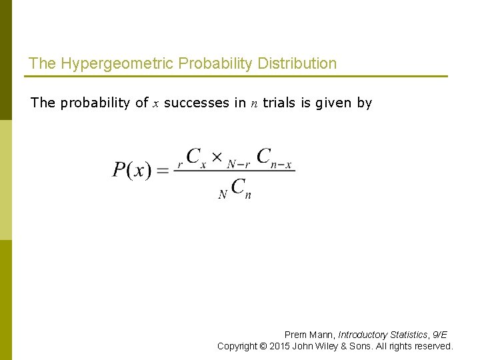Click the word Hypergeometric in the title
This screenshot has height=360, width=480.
point(103,64)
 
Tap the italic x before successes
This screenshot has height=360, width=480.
point(155,103)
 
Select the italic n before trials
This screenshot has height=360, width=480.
point(254,103)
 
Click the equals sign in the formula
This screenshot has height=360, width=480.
point(162,171)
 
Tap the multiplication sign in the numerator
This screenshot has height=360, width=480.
point(217,158)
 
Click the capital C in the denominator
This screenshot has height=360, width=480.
point(238,186)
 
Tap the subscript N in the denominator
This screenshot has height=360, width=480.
point(223,195)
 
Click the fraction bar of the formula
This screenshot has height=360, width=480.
point(233,171)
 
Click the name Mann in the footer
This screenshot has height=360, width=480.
point(321,335)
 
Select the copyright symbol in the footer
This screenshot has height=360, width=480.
point(265,346)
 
